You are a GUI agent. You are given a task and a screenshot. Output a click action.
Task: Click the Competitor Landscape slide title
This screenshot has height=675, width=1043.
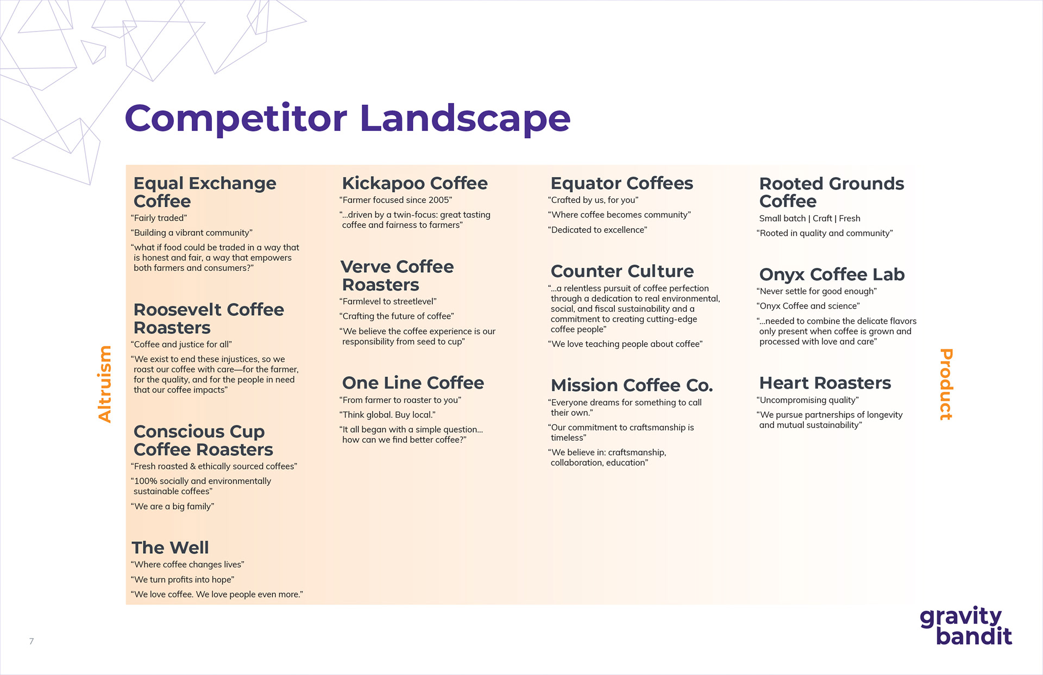point(348,118)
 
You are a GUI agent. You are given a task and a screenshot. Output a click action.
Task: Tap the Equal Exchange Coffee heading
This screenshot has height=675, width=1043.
point(205,192)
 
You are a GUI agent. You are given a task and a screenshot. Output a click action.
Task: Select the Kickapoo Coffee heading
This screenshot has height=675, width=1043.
point(414,183)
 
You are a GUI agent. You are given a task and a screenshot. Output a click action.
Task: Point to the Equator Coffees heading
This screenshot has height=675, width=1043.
point(621,183)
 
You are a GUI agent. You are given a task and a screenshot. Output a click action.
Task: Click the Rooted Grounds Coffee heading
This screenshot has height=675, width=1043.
point(831,192)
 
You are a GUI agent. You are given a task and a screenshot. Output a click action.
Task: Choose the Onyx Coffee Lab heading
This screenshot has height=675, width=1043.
point(832,274)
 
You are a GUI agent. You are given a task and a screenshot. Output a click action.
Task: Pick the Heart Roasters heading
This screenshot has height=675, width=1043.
point(825,383)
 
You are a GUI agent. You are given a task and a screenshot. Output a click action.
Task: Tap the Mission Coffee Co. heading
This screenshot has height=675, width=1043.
point(632,385)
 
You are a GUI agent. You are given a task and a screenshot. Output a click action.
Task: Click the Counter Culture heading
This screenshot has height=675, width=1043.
point(622,271)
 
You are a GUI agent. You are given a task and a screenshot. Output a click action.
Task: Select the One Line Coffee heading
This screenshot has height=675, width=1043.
point(413,383)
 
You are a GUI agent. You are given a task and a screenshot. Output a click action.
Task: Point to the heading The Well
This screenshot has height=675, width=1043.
point(170,547)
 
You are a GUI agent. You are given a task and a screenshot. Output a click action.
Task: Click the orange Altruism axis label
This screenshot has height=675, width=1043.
point(104,384)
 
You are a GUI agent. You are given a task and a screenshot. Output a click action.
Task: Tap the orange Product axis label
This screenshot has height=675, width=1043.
point(946,384)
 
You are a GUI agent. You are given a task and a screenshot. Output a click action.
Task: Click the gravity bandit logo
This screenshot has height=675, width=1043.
point(966,626)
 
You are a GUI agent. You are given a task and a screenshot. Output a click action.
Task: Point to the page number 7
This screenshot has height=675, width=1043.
point(32,641)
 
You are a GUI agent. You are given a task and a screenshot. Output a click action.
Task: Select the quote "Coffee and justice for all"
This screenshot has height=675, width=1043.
point(181,344)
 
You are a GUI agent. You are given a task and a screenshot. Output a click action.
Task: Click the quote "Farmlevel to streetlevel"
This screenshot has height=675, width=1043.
point(388,301)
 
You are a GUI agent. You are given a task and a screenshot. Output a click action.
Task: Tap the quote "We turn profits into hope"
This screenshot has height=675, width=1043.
point(183,579)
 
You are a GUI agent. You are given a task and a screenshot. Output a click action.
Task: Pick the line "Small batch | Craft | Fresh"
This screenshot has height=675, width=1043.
point(809,218)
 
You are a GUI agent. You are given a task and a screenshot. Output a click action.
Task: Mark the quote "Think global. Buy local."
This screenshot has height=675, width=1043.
point(387,415)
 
